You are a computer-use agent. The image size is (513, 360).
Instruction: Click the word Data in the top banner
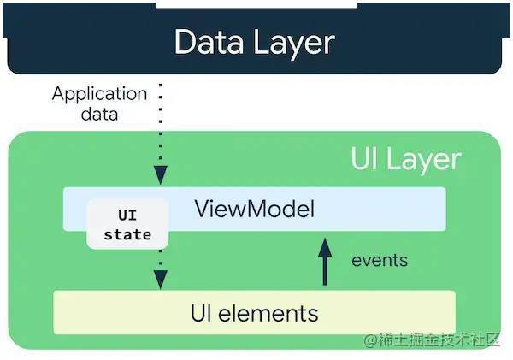click(x=209, y=42)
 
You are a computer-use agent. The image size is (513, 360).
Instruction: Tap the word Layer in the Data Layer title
click(x=294, y=44)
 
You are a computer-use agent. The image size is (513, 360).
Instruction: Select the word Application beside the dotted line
click(x=99, y=94)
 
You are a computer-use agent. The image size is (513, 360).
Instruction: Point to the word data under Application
click(x=99, y=115)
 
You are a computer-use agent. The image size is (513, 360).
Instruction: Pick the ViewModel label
click(x=255, y=209)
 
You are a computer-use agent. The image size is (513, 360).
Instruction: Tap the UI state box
click(x=127, y=224)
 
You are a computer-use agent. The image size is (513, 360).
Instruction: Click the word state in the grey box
click(x=127, y=234)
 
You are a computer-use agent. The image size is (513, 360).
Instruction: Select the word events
click(x=380, y=261)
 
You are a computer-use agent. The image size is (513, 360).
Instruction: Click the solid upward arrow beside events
click(x=325, y=262)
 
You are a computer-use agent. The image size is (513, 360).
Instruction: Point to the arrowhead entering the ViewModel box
click(x=161, y=175)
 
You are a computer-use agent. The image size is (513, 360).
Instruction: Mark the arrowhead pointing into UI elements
click(x=161, y=280)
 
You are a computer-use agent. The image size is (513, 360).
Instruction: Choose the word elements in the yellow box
click(x=268, y=313)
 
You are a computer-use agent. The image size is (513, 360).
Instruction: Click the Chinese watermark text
click(x=439, y=340)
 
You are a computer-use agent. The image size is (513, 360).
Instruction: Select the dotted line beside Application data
click(x=161, y=124)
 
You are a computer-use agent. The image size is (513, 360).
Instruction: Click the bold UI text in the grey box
click(x=127, y=215)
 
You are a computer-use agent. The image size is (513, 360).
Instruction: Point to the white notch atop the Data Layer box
click(x=256, y=4)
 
